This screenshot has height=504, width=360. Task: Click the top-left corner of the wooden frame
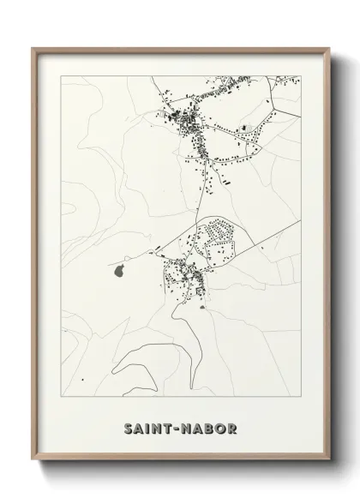[33, 48]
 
